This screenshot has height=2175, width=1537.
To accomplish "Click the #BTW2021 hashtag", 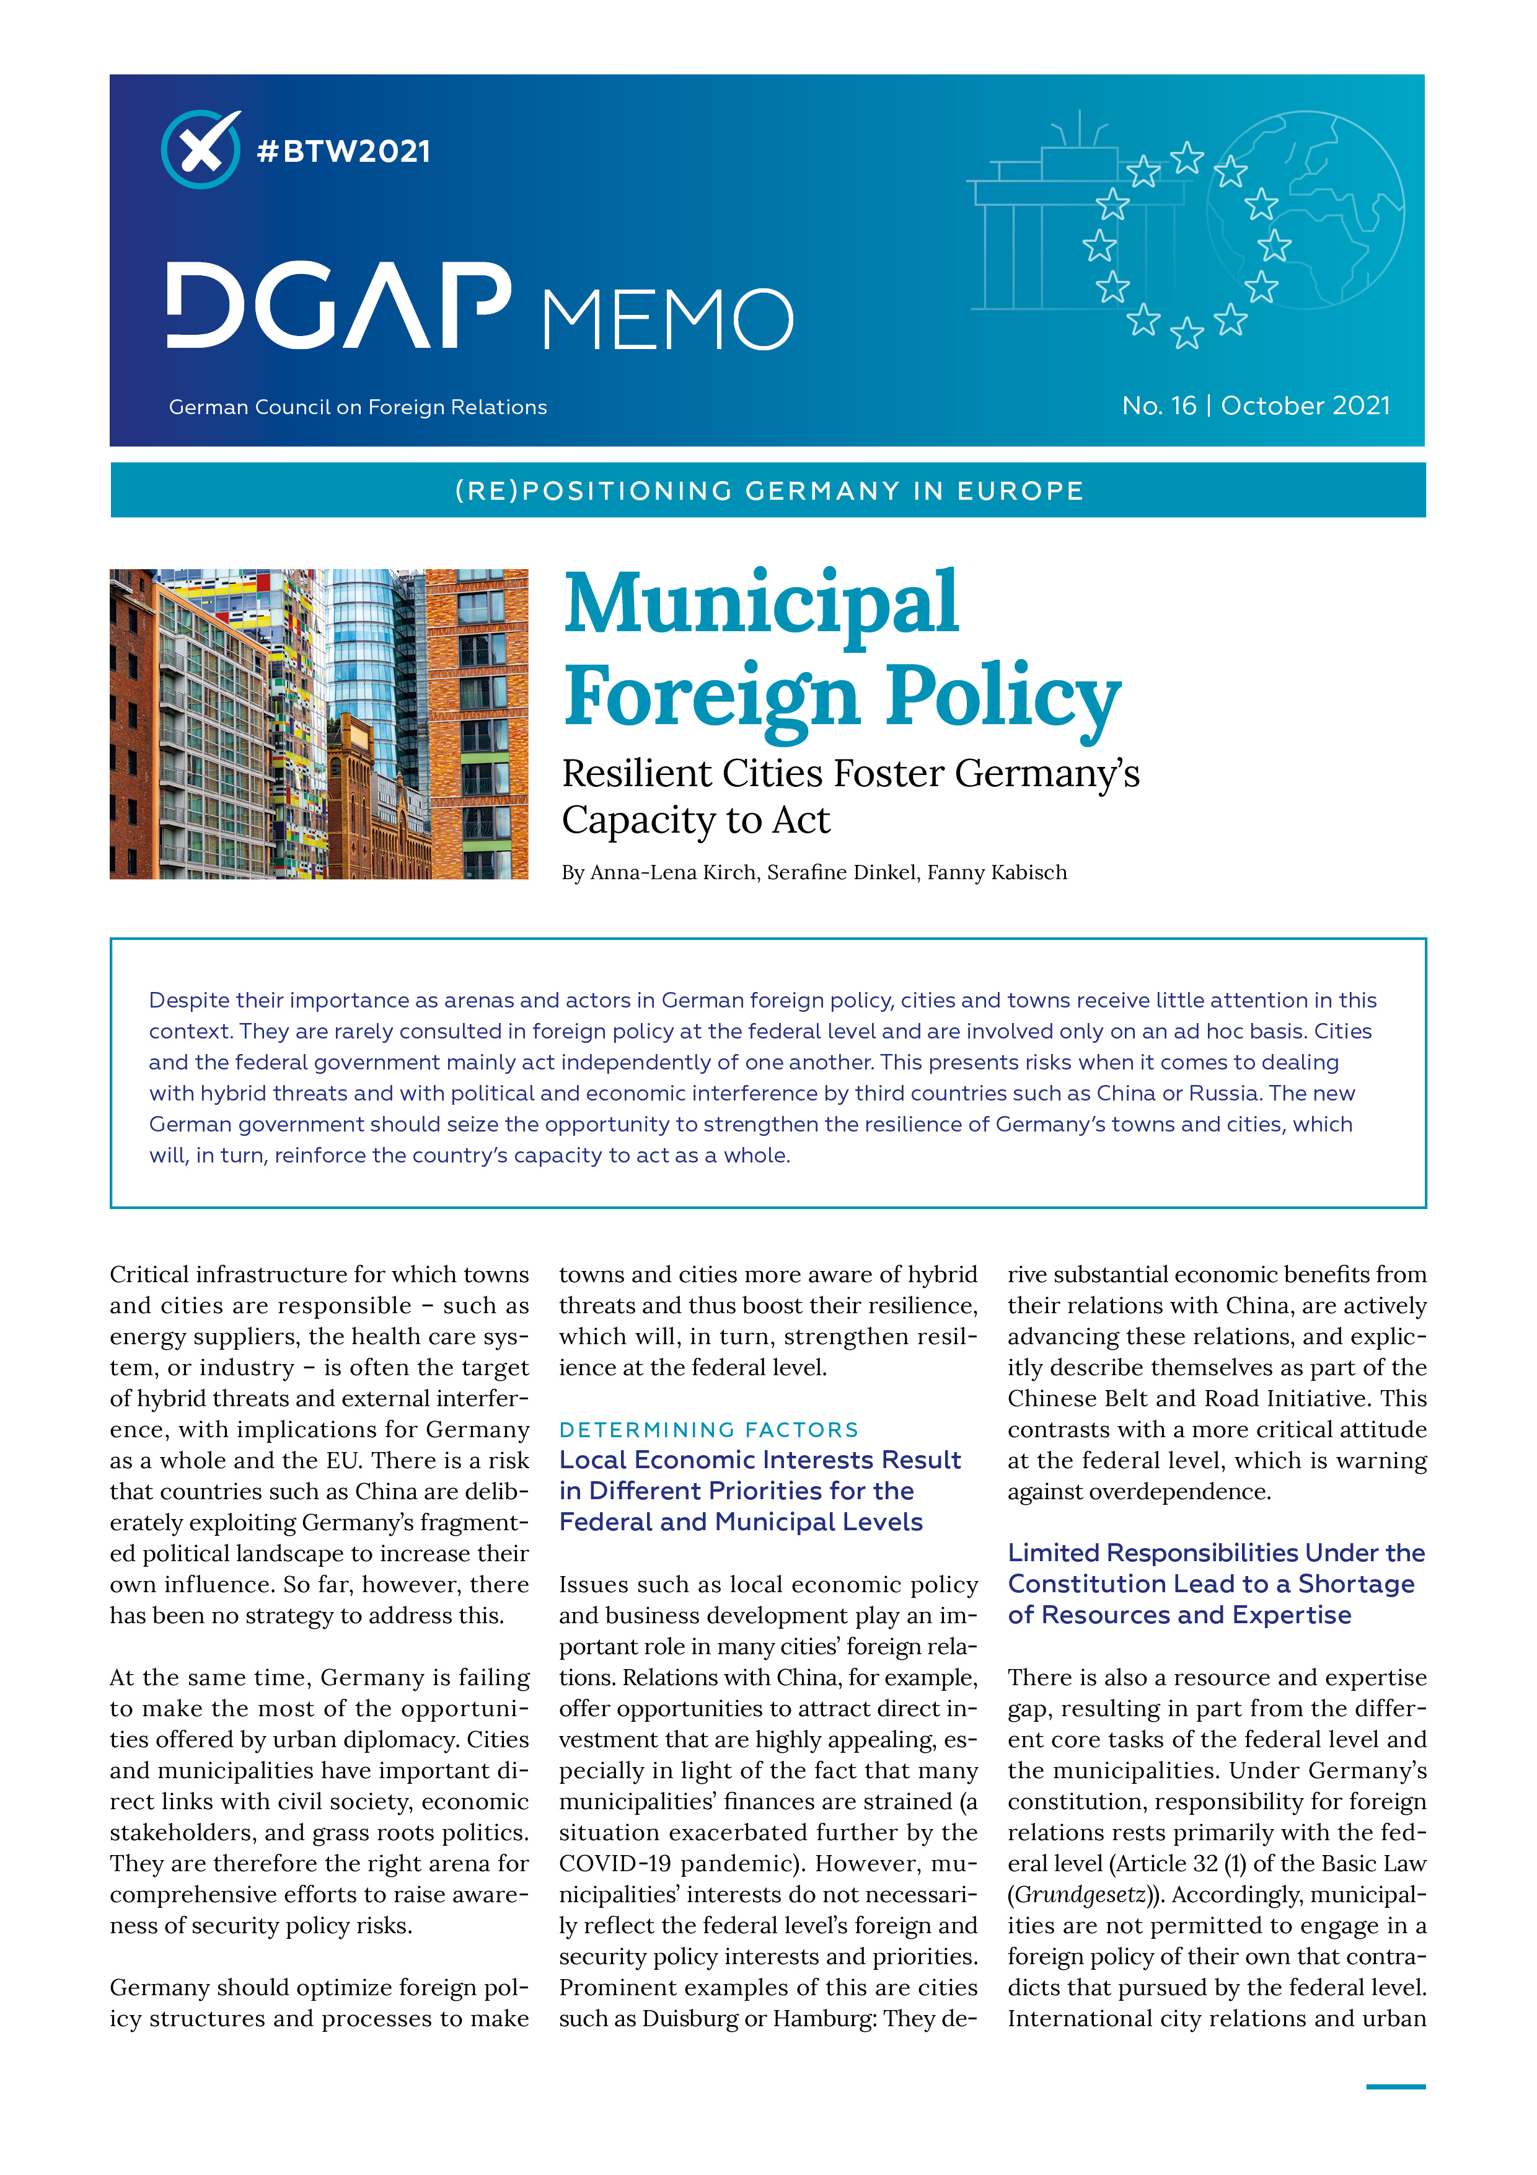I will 344,151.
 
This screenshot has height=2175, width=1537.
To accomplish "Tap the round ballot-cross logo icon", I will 200,149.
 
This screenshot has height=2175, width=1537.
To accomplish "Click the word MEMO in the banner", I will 667,319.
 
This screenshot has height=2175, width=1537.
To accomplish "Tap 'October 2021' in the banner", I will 1305,405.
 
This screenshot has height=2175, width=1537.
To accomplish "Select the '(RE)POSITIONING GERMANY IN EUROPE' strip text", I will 768,490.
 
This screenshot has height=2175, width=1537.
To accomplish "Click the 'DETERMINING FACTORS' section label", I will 708,1430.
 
